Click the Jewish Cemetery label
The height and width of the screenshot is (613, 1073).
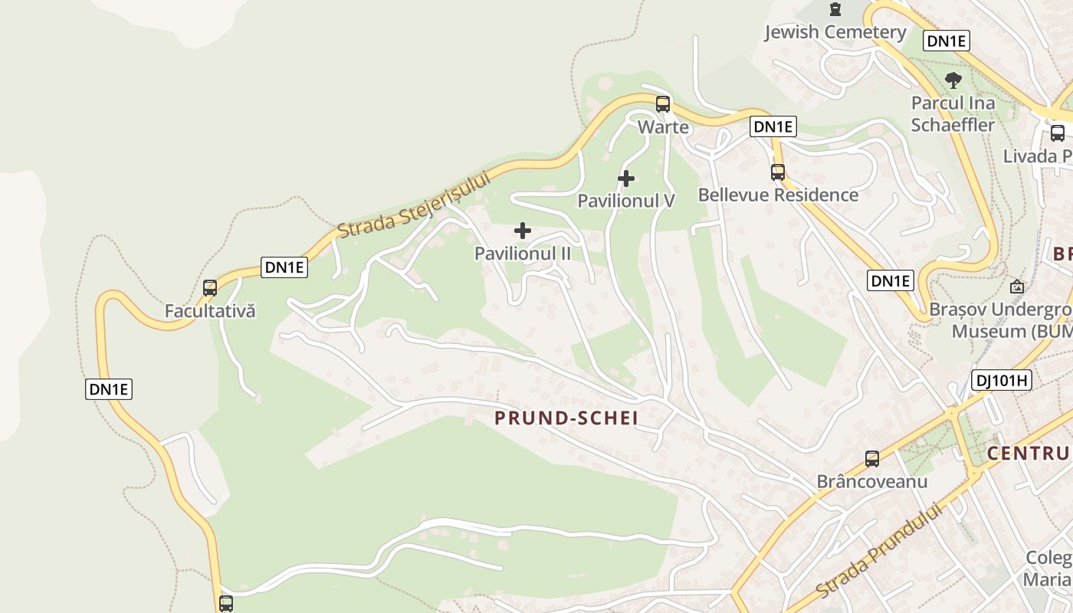point(835,32)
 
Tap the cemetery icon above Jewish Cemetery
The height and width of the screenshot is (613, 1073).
point(835,9)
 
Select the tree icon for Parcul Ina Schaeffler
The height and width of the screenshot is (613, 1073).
point(953,80)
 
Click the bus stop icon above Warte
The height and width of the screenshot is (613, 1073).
point(663,103)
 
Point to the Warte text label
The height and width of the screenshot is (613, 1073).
point(663,126)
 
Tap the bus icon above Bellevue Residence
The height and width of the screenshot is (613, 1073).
point(778,172)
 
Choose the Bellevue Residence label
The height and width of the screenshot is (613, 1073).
point(778,195)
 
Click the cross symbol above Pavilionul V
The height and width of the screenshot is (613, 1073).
point(626,179)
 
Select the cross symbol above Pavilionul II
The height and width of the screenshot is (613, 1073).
point(523,231)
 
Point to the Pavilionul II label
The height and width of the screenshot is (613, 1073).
point(523,253)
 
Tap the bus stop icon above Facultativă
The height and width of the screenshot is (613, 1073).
point(210,288)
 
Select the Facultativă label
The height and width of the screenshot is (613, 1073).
point(210,311)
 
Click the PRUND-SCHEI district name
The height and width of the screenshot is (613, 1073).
point(566,418)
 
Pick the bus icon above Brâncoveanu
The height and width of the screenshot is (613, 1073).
point(872,459)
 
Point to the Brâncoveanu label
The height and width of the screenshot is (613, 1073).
point(872,482)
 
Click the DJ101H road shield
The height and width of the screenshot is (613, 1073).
point(1001,379)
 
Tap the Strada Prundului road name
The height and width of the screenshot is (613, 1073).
point(878,552)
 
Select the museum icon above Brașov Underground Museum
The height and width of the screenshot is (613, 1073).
point(1017,287)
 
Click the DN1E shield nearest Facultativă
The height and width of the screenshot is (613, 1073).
point(284,267)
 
